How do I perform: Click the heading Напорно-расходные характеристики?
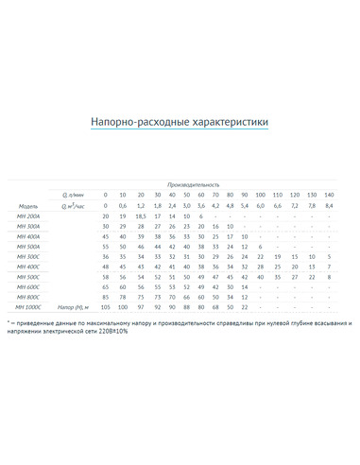click(x=180, y=122)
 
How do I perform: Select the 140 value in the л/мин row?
click(x=328, y=195)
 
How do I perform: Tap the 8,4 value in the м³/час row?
click(x=328, y=205)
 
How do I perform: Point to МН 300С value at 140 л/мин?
click(x=328, y=257)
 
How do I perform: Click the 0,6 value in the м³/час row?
click(x=123, y=205)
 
